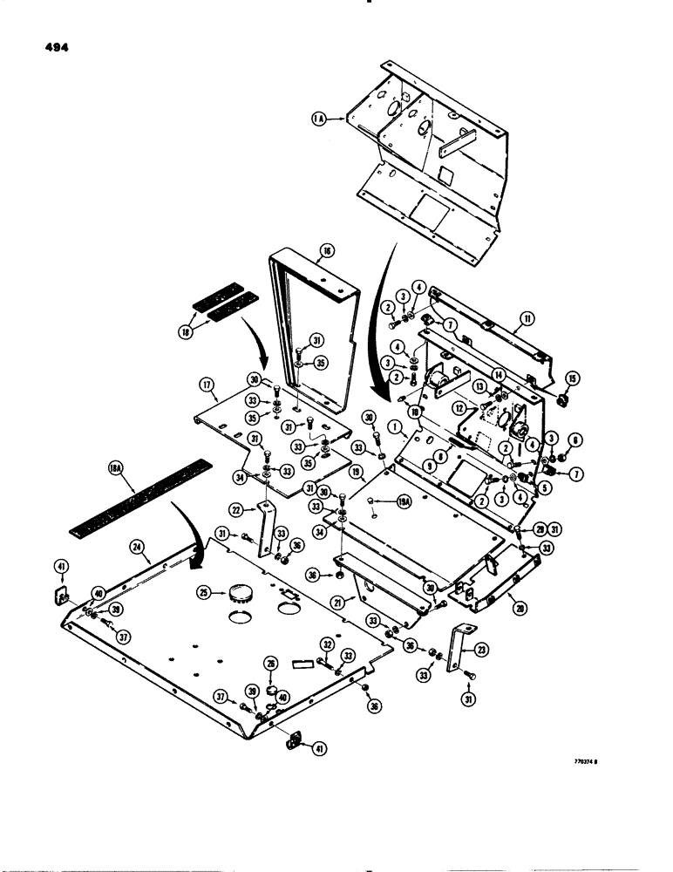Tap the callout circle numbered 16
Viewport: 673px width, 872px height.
[328, 250]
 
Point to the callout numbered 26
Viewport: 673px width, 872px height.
[272, 664]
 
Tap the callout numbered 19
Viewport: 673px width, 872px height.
[357, 472]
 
